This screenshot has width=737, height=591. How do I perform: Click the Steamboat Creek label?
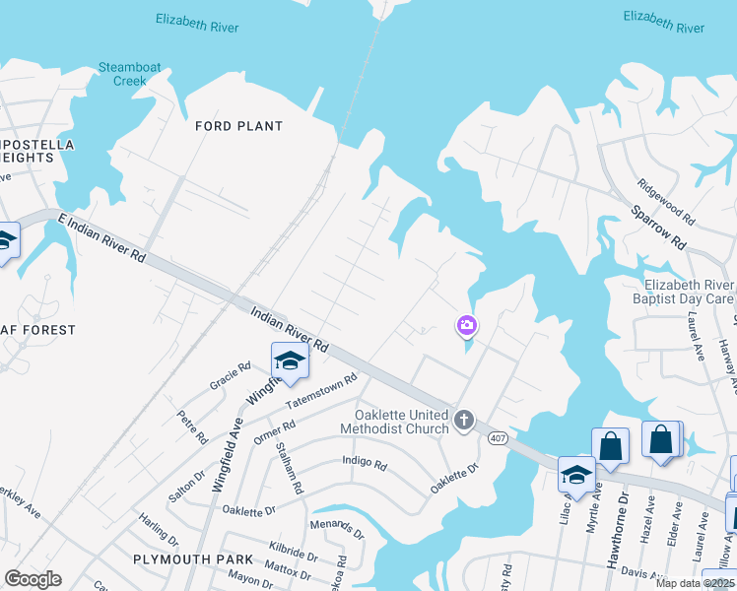pos(129,74)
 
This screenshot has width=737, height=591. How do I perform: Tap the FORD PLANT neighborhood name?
pos(238,126)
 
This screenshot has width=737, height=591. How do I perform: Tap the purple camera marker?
pos(466,325)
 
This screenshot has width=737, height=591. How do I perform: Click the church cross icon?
pos(464,422)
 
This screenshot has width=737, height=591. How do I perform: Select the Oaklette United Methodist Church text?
pos(394,422)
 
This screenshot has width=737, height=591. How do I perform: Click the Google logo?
pos(33,578)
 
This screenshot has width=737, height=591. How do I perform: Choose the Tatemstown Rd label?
pos(320,393)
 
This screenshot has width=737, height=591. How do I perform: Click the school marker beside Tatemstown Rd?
pos(290,361)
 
